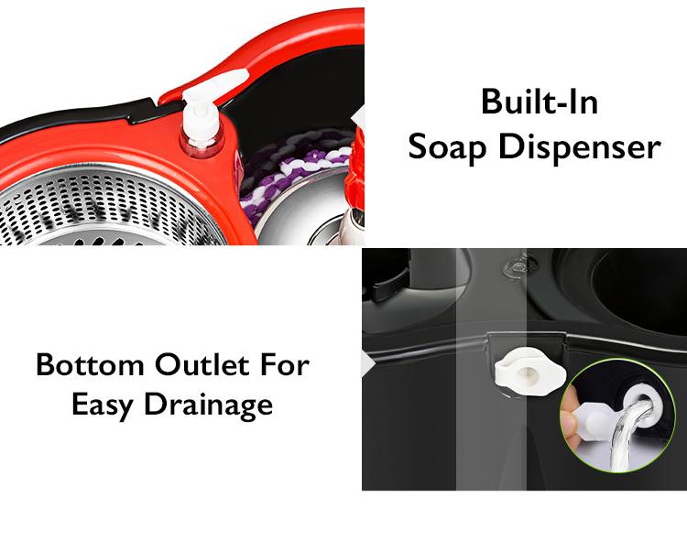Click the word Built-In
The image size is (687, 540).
(540, 103)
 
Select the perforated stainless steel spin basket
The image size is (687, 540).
(101, 206)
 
